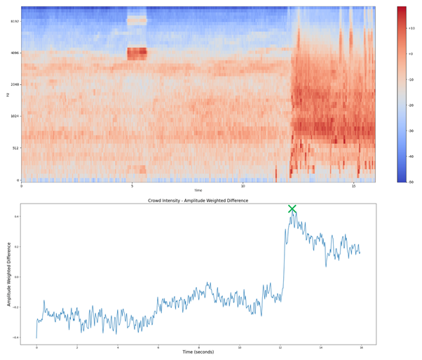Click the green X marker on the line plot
tap(292, 209)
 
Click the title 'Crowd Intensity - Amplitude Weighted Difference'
tap(198, 201)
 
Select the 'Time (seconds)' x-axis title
tap(198, 352)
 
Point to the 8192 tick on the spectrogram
tap(15, 21)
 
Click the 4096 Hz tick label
tap(15, 53)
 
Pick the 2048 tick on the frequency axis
tap(15, 85)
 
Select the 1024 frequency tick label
tap(15, 116)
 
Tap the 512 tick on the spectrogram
tap(15, 148)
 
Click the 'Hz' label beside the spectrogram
tap(8, 94)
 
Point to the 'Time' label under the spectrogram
tap(198, 190)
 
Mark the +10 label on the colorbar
tap(411, 28)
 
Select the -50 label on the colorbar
tap(411, 182)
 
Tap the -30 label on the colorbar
tap(411, 131)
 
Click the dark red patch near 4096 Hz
tap(137, 53)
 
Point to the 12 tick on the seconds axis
tap(280, 347)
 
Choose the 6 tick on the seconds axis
tap(158, 347)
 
